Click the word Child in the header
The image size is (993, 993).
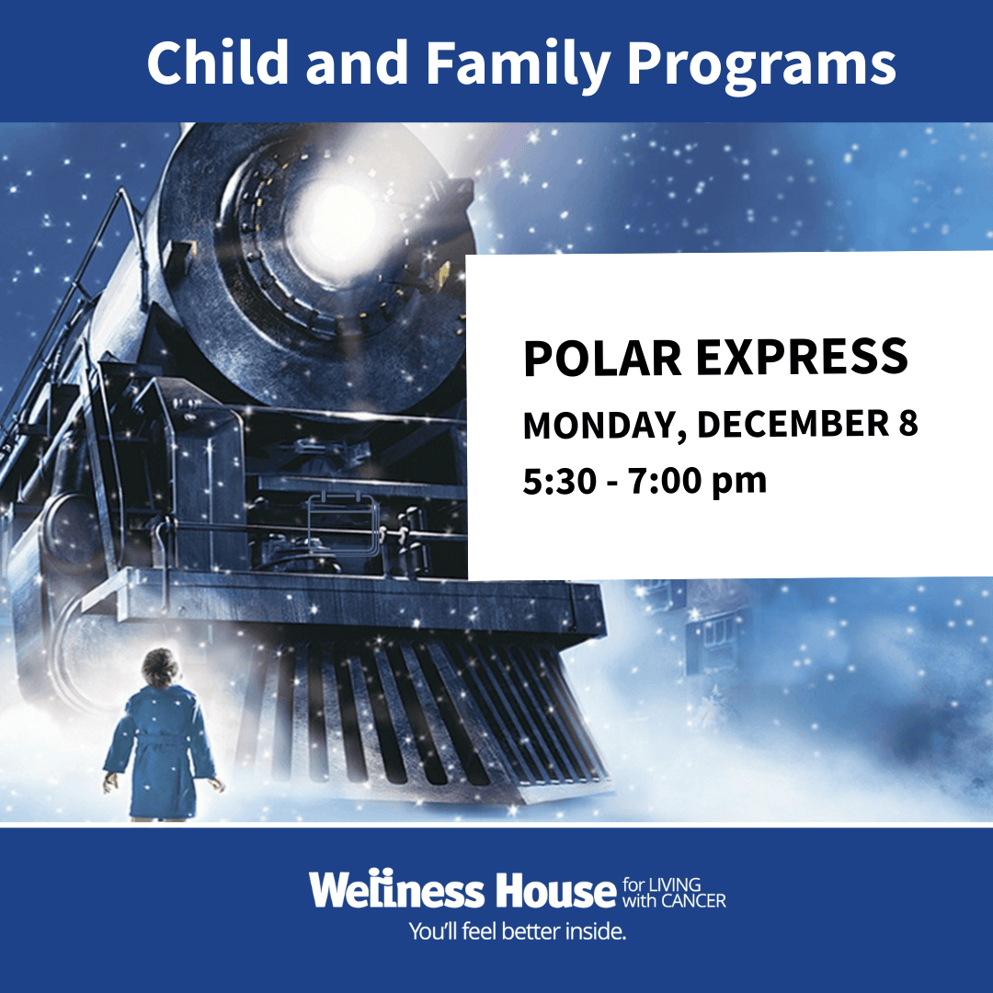[218, 63]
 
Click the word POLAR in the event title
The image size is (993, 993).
[602, 358]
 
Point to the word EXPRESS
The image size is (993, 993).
[802, 358]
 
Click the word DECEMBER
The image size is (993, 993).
[793, 424]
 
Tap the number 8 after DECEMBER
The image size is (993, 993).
[908, 424]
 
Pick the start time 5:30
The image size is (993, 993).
[560, 481]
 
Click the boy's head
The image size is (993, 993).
[160, 668]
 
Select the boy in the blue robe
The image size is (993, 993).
[162, 735]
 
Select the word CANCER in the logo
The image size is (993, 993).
[694, 900]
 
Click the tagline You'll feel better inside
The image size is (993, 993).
[518, 931]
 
